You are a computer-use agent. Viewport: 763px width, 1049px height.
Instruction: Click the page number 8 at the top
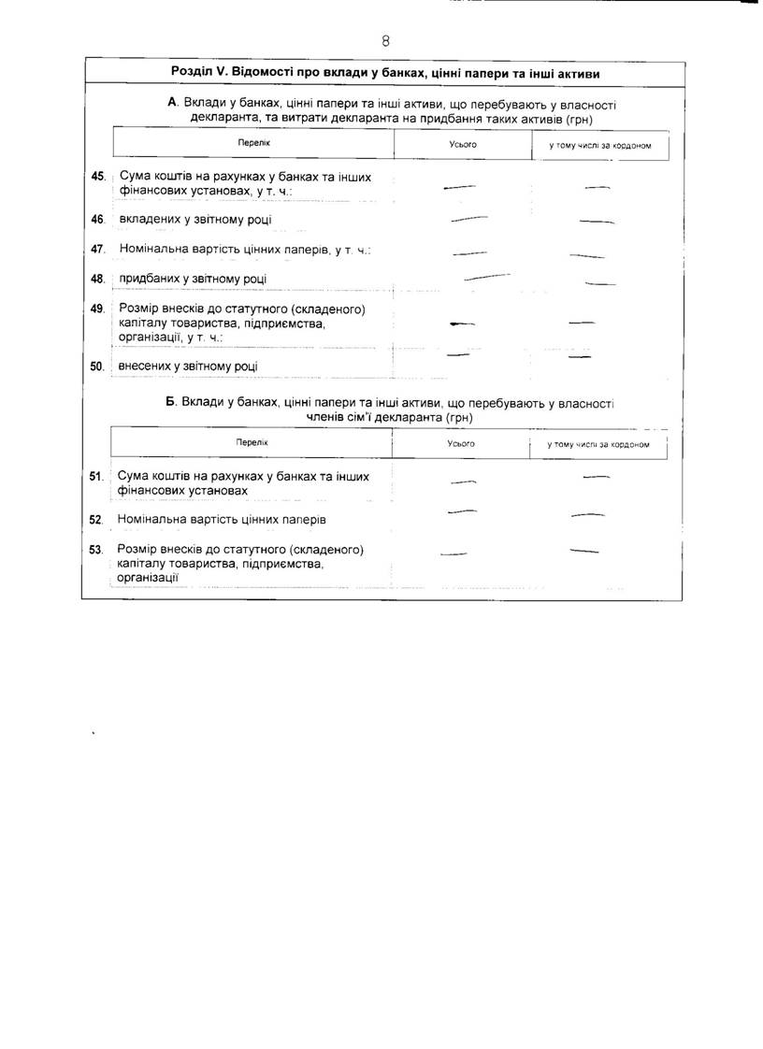pyautogui.click(x=385, y=41)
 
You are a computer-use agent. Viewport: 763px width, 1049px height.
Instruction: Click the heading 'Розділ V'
pyautogui.click(x=385, y=73)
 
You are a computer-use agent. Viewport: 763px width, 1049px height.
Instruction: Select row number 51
pyautogui.click(x=95, y=476)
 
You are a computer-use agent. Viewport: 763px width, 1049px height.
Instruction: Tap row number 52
pyautogui.click(x=95, y=518)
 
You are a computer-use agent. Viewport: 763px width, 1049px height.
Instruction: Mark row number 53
pyautogui.click(x=95, y=549)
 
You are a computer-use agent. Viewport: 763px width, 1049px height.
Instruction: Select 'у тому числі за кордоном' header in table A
pyautogui.click(x=599, y=146)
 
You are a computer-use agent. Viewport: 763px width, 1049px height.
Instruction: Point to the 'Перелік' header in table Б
pyautogui.click(x=252, y=442)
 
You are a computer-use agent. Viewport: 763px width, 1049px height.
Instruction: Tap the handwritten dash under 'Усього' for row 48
pyautogui.click(x=486, y=277)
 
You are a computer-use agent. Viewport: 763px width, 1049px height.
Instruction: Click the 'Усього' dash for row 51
pyautogui.click(x=464, y=481)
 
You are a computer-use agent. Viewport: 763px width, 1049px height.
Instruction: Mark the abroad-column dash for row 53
pyautogui.click(x=583, y=550)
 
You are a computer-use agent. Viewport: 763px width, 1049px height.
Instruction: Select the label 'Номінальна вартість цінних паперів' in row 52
pyautogui.click(x=222, y=518)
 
